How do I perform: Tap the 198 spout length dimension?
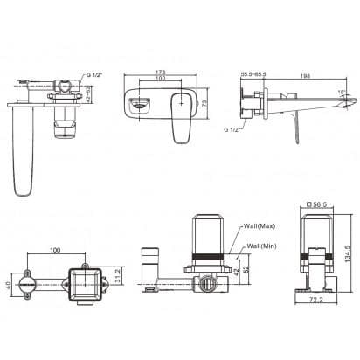coord(304,76)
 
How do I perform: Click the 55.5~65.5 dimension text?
coord(253,76)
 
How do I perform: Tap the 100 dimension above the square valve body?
coord(55,250)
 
